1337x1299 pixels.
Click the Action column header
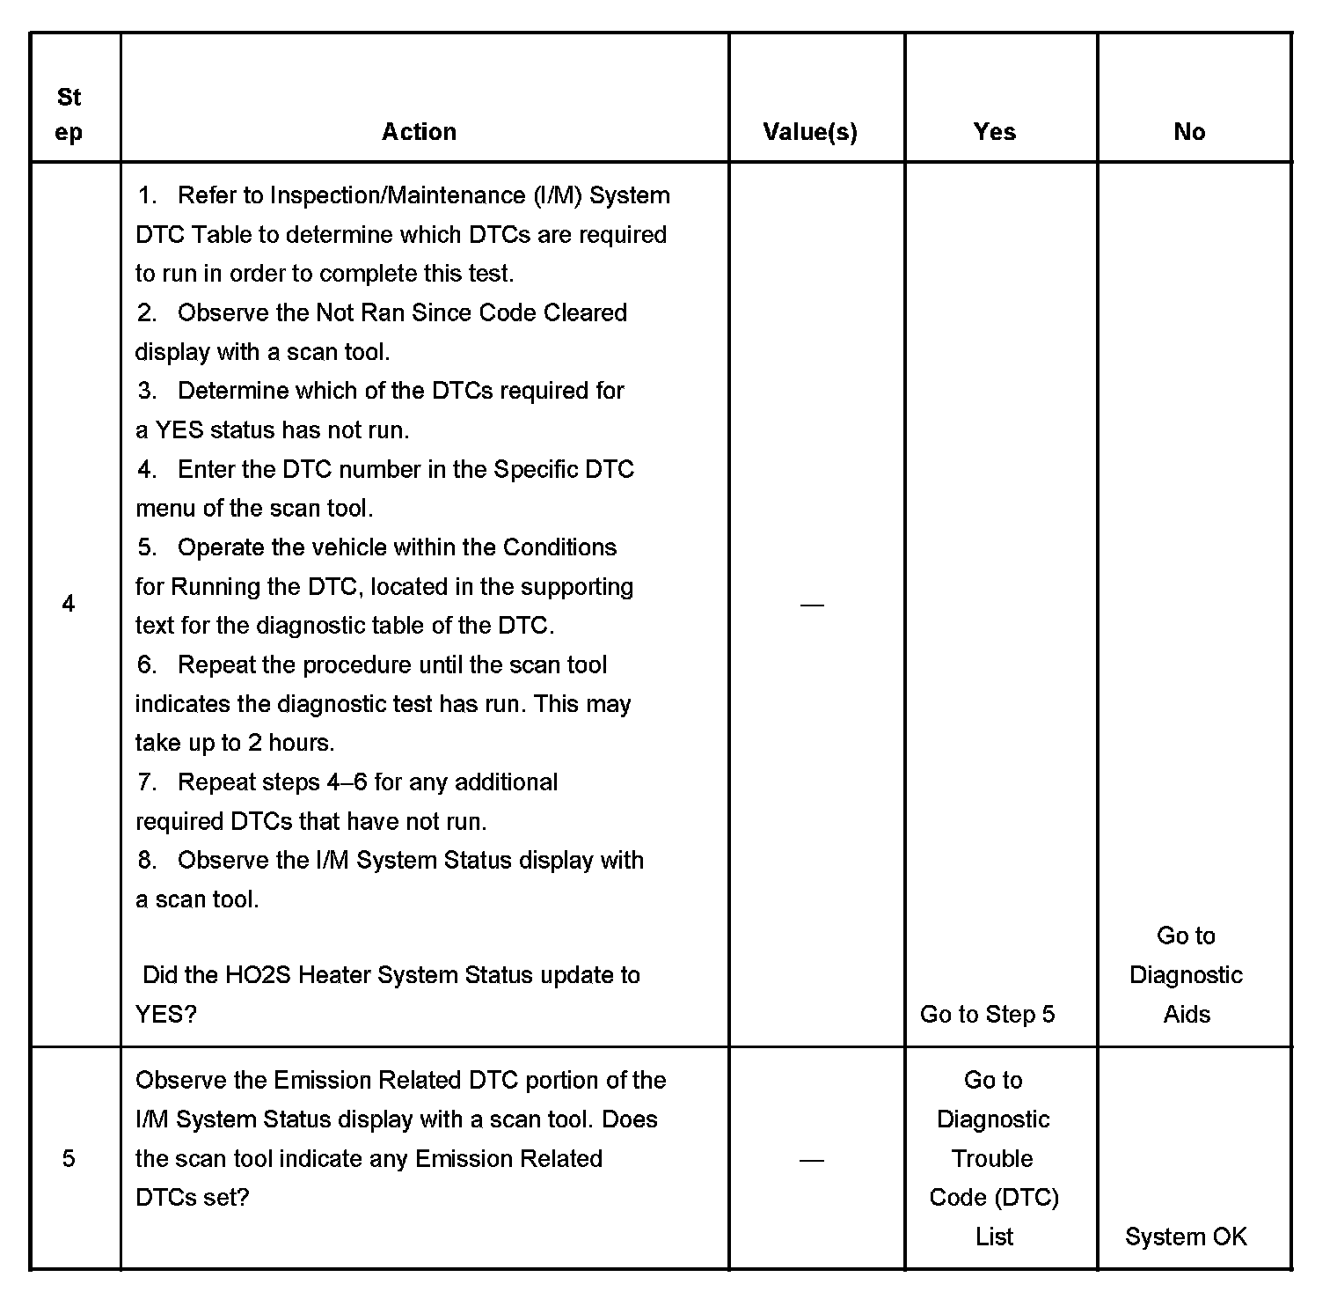[x=419, y=132]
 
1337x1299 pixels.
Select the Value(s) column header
[x=810, y=132]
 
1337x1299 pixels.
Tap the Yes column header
[x=994, y=132]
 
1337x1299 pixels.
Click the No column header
[x=1189, y=132]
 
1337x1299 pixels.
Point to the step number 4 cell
[x=69, y=604]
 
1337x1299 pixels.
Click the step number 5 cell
[x=69, y=1158]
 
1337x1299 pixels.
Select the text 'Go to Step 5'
[x=987, y=1015]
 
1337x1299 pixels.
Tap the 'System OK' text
[x=1186, y=1237]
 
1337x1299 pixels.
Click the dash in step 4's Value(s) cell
[x=811, y=605]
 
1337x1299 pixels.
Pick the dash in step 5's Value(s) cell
[x=811, y=1160]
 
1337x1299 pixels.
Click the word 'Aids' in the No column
[x=1187, y=1015]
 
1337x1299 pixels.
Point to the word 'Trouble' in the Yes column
[x=992, y=1158]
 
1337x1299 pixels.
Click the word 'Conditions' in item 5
[x=559, y=547]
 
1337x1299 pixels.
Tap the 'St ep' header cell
[x=69, y=114]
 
